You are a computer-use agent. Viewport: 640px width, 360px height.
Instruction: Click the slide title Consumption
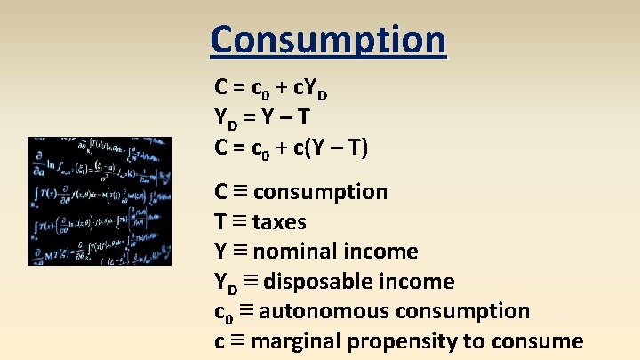coord(327,39)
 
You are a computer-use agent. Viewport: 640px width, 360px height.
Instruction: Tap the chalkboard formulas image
coord(100,201)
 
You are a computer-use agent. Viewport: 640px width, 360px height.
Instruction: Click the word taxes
coord(279,222)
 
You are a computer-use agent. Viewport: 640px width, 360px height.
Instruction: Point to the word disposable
coord(324,282)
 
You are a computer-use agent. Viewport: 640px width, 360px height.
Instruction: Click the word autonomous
coord(324,311)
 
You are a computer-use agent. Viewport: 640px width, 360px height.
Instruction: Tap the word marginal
coord(297,341)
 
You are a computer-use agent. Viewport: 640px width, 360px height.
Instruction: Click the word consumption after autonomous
coord(462,311)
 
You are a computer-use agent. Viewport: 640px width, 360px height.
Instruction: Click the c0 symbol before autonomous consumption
coord(223,313)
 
